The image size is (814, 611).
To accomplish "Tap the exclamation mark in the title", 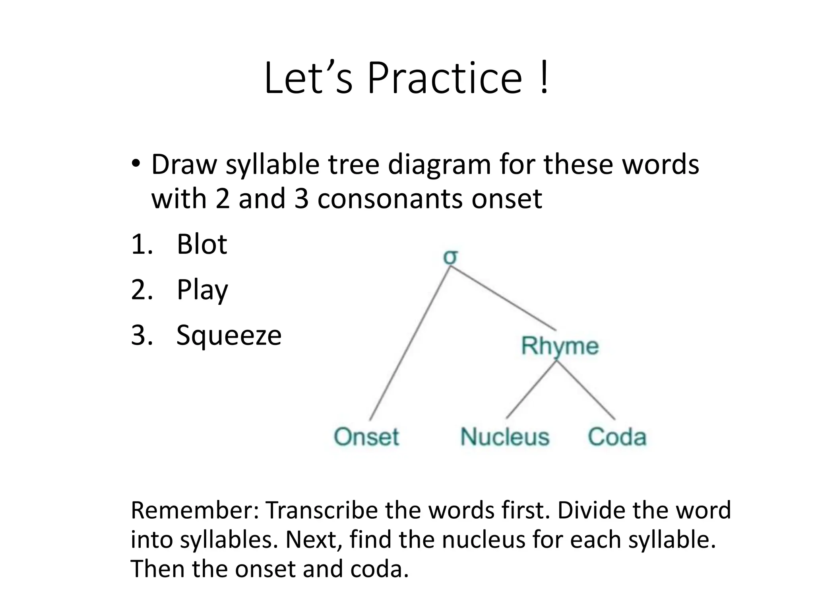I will point(544,78).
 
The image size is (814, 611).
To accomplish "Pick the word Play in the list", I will point(202,290).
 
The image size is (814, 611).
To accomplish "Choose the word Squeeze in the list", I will point(229,335).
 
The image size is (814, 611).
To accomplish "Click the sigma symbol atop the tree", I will point(450,257).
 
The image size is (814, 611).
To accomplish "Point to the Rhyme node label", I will point(560,345).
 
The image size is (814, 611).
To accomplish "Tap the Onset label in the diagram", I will point(366,436).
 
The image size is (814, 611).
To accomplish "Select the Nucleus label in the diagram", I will point(505,436).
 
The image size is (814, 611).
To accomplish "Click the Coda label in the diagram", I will point(617,436).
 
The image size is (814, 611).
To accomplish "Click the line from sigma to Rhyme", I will point(503,298).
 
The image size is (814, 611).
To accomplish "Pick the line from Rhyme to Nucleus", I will point(531,390).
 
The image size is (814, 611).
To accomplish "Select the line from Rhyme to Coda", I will point(586,390).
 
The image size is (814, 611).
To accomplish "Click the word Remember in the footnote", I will point(194,510).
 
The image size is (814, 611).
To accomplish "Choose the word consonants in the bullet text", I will point(390,198).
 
